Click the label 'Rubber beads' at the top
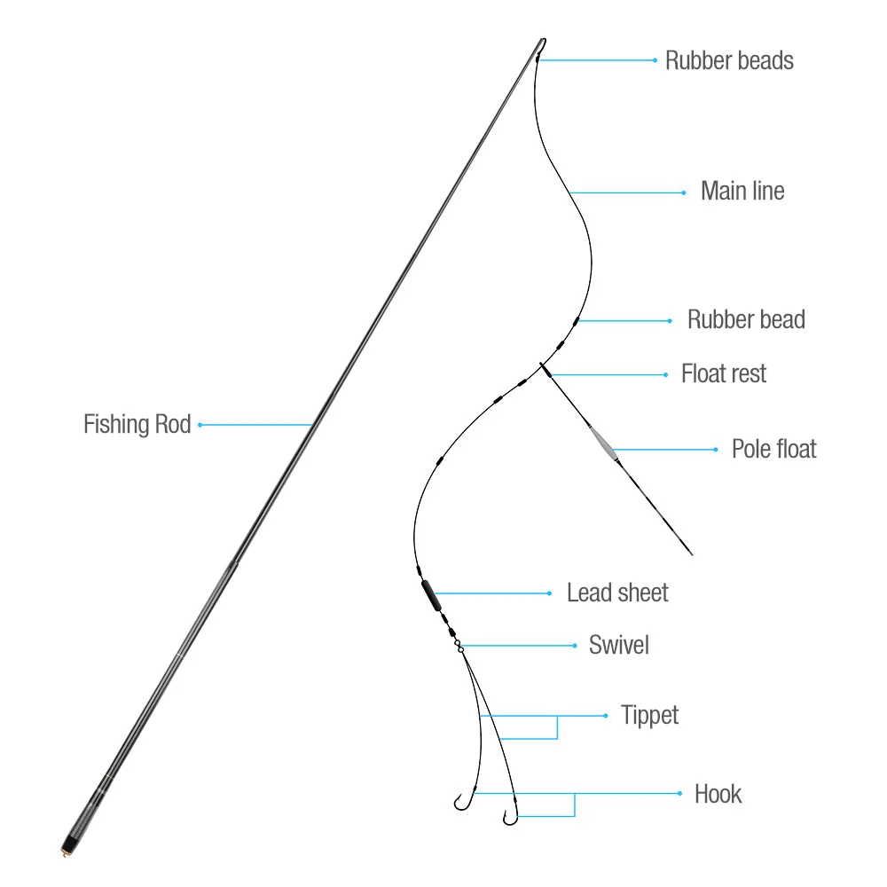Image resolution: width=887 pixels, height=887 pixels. click(729, 60)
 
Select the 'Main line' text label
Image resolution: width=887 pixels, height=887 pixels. click(742, 191)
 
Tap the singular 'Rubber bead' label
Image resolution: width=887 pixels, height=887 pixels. click(746, 320)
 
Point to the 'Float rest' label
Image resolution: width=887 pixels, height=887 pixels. click(724, 373)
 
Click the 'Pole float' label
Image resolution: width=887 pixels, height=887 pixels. click(773, 449)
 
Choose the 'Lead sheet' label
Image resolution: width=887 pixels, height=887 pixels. click(617, 593)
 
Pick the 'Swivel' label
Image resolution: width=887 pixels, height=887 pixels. click(619, 645)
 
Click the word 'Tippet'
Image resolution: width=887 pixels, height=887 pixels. click(649, 715)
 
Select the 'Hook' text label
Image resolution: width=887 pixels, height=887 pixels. click(718, 793)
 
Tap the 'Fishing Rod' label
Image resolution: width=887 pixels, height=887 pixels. click(137, 424)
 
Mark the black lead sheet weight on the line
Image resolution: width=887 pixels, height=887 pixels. click(430, 594)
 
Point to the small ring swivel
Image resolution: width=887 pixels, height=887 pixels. click(460, 648)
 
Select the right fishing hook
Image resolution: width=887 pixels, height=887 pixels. click(509, 817)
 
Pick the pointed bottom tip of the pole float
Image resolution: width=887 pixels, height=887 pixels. click(689, 553)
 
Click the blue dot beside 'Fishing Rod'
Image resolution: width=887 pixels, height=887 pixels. click(200, 425)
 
